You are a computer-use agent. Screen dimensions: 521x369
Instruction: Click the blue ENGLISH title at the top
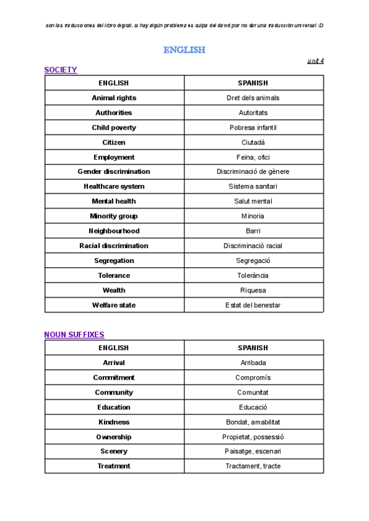pos(184,50)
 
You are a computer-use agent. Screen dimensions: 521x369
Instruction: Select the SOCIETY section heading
pos(60,70)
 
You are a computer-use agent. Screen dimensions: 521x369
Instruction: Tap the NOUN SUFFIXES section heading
pos(74,335)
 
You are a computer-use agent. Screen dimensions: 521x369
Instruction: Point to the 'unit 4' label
pos(315,60)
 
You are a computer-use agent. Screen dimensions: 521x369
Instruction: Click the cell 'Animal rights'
pos(114,98)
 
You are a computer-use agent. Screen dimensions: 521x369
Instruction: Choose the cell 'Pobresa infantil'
pos(253,128)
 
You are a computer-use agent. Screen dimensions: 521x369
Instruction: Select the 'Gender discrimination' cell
pos(114,172)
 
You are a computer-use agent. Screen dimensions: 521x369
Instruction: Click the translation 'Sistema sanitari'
pos(253,187)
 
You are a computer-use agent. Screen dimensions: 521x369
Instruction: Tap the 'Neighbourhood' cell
pos(114,231)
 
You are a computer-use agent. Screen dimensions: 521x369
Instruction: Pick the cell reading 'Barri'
pos(253,231)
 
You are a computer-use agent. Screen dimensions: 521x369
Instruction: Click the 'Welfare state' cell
pos(114,305)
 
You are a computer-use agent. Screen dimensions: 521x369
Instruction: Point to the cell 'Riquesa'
pos(253,290)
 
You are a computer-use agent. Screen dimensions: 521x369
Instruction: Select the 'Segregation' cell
pos(114,260)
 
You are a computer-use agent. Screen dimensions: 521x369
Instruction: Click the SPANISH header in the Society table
pos(253,83)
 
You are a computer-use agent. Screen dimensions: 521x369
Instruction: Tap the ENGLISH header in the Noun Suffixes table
pos(114,348)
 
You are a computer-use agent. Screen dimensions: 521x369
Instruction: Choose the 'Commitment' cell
pos(114,378)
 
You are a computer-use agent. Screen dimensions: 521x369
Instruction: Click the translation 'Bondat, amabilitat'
pos(253,422)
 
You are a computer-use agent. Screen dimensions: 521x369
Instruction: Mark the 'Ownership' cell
pos(114,437)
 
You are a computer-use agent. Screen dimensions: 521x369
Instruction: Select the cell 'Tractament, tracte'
pos(253,466)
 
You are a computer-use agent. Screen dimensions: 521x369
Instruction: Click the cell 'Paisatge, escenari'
pos(253,452)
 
